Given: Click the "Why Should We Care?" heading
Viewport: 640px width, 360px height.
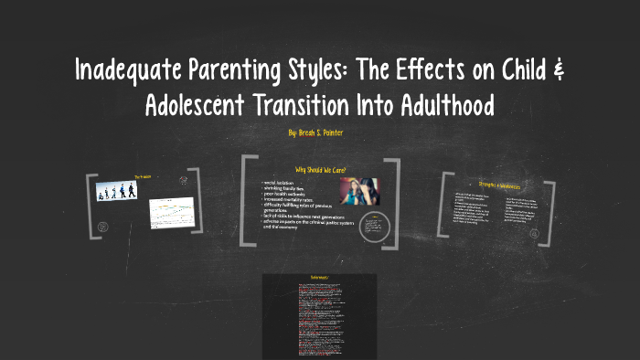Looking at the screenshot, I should [320, 170].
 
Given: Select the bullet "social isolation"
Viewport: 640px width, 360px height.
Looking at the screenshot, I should [280, 183].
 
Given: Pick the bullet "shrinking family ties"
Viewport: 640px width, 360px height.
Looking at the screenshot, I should [284, 188].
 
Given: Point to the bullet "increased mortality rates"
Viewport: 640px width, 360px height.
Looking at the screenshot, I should [288, 199].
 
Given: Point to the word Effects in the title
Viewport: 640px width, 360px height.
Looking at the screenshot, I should [454, 72].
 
